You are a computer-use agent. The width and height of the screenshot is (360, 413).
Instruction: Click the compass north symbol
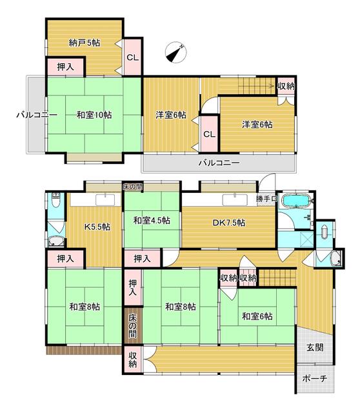(x=175, y=52)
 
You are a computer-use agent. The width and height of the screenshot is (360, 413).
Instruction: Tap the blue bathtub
(x=295, y=201)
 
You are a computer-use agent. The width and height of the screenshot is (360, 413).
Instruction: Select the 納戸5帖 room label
(x=85, y=43)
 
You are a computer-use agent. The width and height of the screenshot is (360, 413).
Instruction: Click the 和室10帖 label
(x=94, y=115)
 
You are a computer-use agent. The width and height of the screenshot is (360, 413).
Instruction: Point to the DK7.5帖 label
(x=229, y=223)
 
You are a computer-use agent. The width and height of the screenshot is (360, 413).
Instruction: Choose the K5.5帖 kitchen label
(x=97, y=227)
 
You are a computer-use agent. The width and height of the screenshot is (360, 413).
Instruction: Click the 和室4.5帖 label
(x=152, y=221)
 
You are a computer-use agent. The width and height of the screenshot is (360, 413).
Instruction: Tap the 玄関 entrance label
(x=315, y=347)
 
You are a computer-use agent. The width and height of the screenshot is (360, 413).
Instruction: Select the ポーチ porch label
(x=315, y=379)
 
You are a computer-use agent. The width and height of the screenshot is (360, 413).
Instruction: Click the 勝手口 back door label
(x=266, y=199)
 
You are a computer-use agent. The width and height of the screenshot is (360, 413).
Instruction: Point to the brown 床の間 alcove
(x=133, y=326)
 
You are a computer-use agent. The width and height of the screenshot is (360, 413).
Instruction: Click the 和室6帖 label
(x=257, y=316)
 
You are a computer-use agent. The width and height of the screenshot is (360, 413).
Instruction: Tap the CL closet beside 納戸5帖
(x=133, y=57)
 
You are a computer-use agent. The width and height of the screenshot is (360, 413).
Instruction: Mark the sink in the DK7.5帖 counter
(x=235, y=200)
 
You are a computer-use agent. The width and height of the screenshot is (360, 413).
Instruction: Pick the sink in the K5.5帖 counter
(x=105, y=200)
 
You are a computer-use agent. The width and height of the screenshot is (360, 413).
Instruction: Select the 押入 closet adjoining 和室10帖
(x=66, y=67)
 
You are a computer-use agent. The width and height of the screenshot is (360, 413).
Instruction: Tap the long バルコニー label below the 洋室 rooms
(x=219, y=163)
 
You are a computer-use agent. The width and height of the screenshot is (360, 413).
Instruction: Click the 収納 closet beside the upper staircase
(x=286, y=86)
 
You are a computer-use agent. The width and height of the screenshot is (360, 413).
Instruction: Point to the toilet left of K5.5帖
(x=56, y=200)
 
